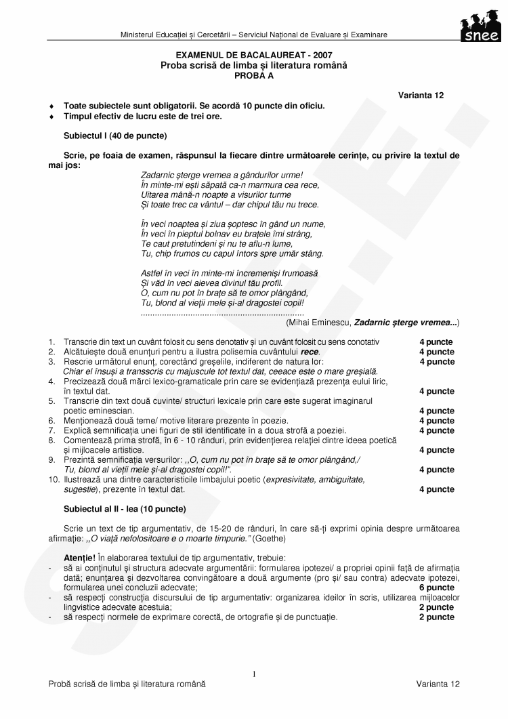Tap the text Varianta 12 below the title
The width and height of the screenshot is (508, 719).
tap(421, 96)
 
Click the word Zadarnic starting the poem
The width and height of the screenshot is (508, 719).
tap(158, 175)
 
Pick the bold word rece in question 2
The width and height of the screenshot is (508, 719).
tap(310, 352)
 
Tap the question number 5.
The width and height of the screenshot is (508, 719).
tap(51, 401)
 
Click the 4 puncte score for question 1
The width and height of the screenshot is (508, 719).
tap(436, 342)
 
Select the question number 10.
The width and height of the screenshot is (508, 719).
tap(54, 479)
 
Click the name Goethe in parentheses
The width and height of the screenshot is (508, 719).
tap(271, 538)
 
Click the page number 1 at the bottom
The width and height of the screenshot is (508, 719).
tap(253, 674)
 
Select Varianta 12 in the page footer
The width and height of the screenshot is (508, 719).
tap(438, 684)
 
